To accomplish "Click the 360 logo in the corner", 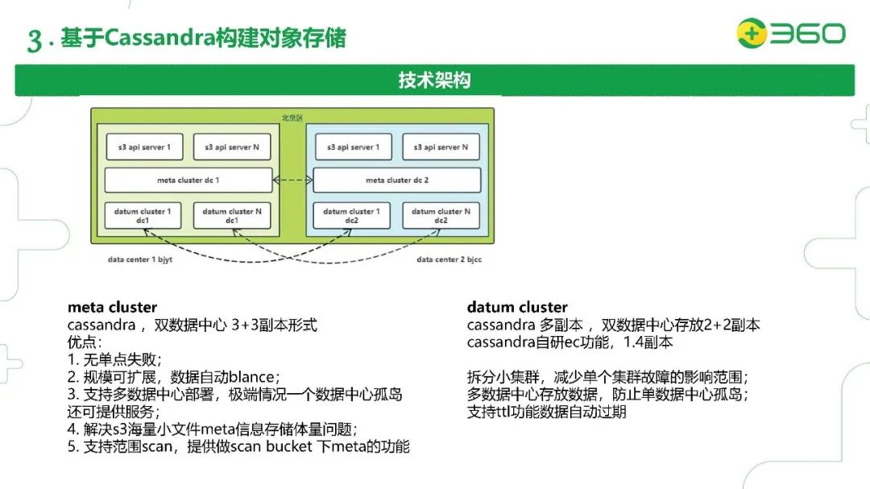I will tap(790, 34).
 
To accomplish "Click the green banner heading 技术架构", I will tap(434, 81).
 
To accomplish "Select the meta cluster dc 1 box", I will tap(188, 180).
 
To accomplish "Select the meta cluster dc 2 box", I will tap(396, 180).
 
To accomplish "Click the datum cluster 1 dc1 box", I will tap(144, 216).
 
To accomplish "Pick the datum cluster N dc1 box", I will tap(232, 216).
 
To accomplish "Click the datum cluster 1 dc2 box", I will tap(352, 216).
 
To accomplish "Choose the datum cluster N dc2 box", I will tap(441, 216).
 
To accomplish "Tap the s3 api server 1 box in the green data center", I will tap(144, 147).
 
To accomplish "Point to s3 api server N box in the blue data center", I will tap(441, 147).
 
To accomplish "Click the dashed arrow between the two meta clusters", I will tap(292, 180).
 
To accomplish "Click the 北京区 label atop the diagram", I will tap(292, 118).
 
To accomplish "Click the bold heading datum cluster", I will tap(517, 307).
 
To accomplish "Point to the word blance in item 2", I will tap(253, 376).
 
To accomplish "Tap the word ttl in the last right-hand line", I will tap(503, 412).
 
